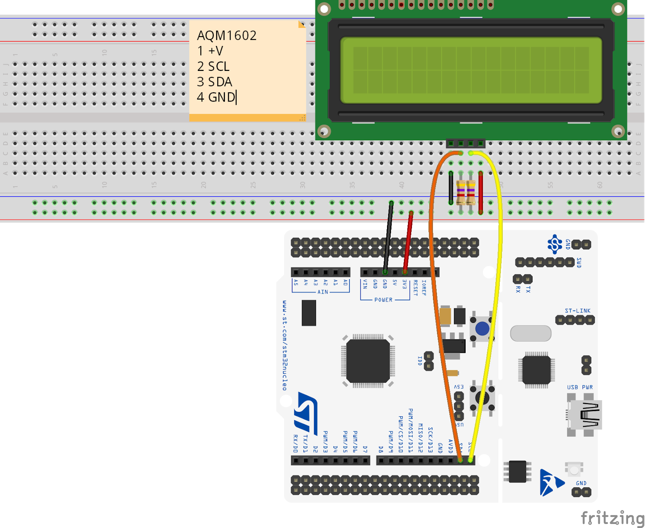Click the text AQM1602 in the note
point(227,35)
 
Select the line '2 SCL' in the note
point(213,66)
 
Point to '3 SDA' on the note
point(214,82)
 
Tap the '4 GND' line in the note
point(216,97)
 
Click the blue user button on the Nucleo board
point(482,329)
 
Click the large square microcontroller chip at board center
point(368,361)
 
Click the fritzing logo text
point(612,518)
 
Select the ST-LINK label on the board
point(577,311)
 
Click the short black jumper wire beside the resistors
point(451,188)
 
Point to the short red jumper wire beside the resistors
point(481,193)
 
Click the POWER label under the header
point(383,300)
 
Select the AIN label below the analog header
point(322,292)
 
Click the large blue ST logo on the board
point(306,411)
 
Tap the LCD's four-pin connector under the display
point(466,143)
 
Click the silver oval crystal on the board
point(531,333)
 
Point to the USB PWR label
point(580,387)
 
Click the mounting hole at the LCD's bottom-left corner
point(324,131)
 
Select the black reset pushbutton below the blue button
point(482,398)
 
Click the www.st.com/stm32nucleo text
point(285,345)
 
